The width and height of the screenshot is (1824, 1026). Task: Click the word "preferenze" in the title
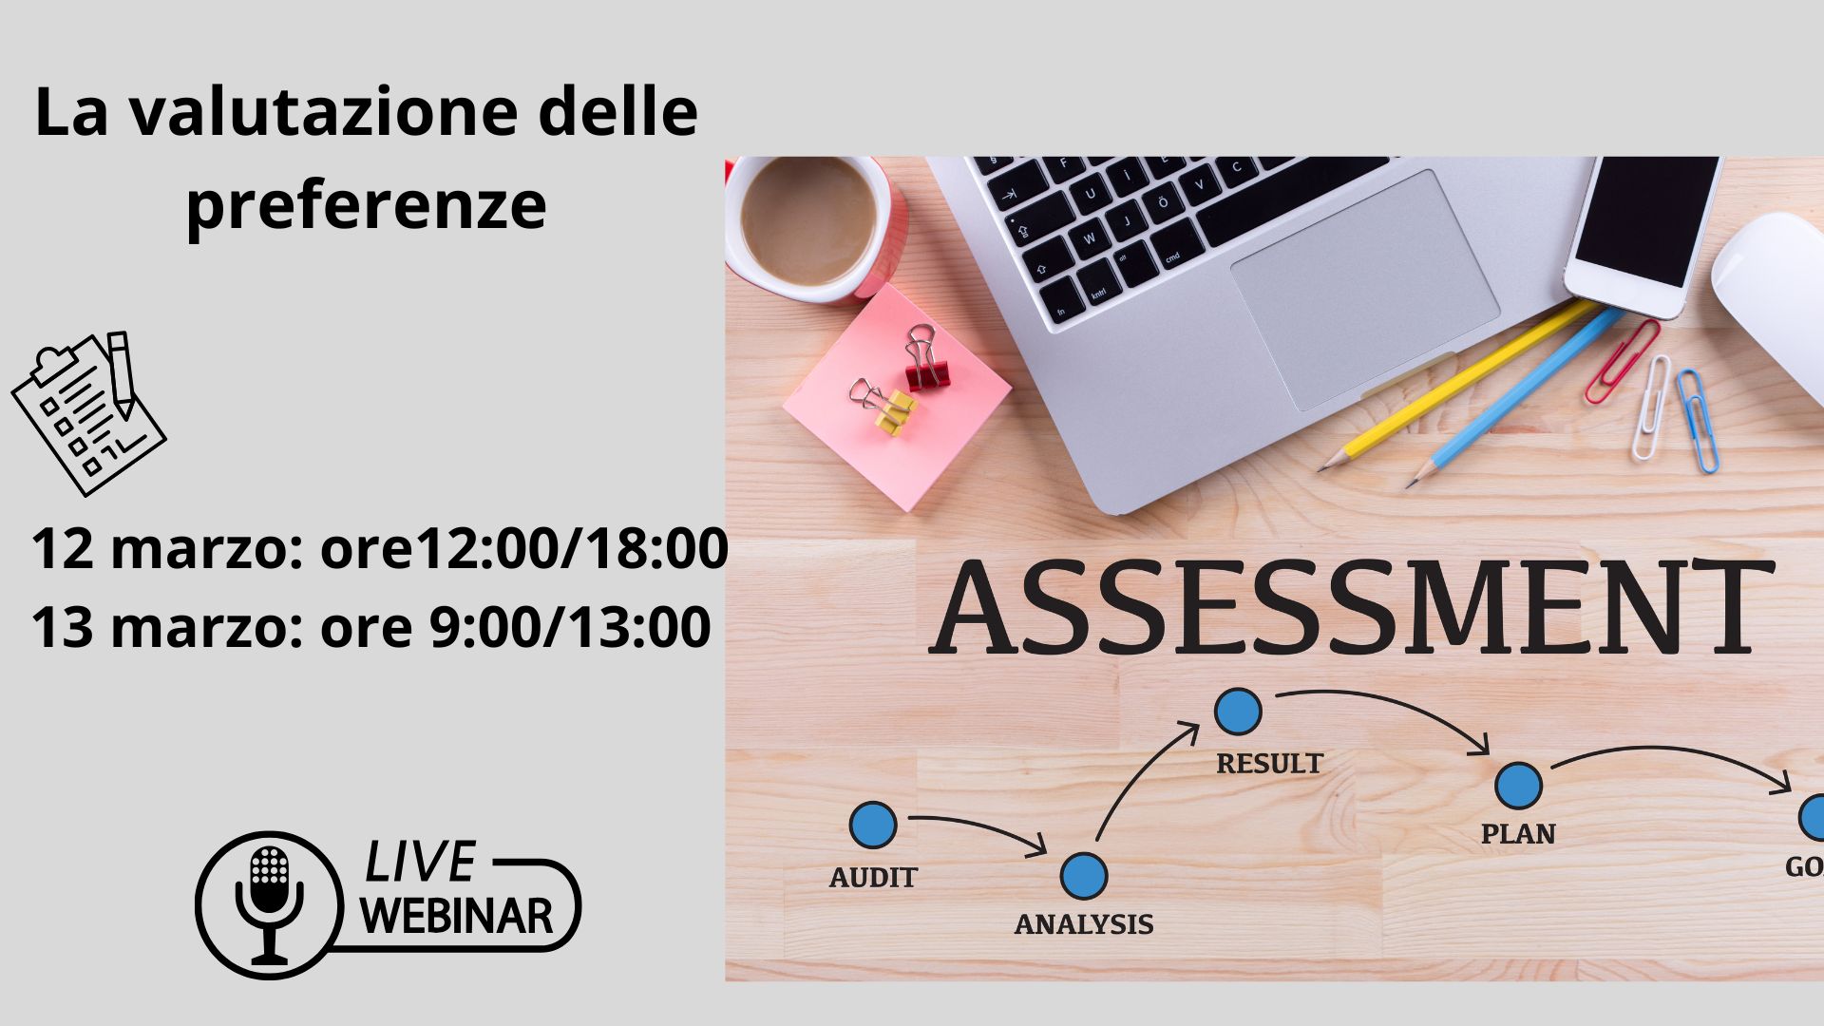367,204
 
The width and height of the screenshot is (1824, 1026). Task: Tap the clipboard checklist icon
88,413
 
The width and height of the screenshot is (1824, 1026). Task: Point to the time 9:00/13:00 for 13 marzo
570,627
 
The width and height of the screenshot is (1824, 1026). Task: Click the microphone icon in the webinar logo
270,903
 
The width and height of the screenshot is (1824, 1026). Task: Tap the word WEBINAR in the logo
457,916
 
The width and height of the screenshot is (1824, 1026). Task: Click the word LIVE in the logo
419,863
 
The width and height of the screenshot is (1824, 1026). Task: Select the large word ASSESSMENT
1351,609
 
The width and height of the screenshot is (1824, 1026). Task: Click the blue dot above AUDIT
873,825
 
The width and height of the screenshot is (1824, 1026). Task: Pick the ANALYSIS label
1084,924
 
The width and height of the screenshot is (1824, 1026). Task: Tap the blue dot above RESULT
1239,712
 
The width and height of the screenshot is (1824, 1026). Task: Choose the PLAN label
1518,834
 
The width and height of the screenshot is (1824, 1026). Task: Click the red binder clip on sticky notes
924,358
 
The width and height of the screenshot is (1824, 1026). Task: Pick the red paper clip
1622,362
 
